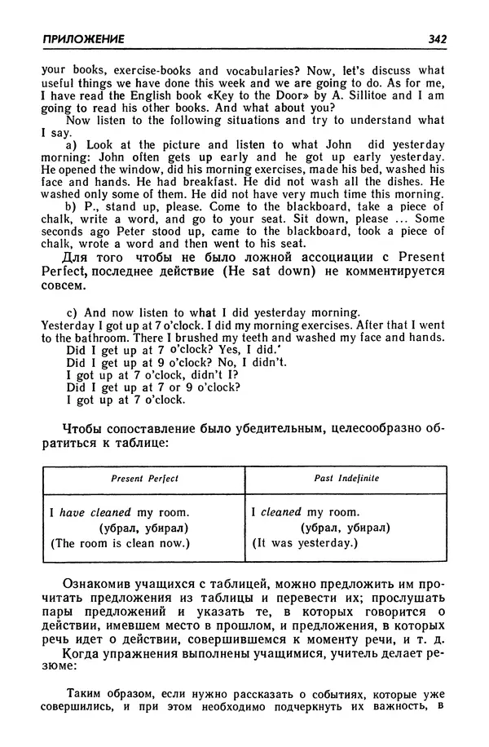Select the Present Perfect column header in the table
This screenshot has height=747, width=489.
144,478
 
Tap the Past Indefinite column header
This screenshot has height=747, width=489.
346,478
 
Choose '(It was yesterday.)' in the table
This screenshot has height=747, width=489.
305,543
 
